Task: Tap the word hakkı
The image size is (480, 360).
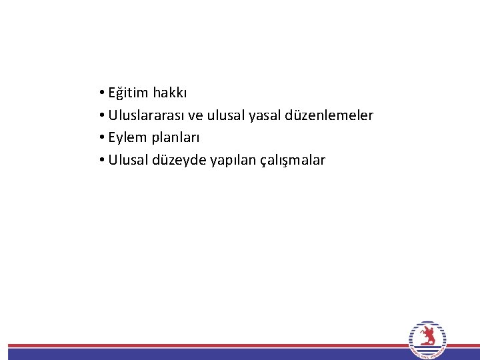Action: point(170,93)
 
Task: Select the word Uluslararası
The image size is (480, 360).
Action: point(146,115)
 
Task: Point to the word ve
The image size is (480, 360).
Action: point(195,116)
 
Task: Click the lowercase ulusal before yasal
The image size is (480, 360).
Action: point(226,115)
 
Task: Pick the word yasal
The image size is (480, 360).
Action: point(265,116)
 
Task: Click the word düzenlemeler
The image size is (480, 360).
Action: point(329,115)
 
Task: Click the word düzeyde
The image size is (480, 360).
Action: point(181,161)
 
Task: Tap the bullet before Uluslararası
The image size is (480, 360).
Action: point(98,116)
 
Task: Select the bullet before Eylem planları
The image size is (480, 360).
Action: point(98,138)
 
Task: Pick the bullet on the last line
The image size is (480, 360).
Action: point(98,161)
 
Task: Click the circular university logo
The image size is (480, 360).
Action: point(427,341)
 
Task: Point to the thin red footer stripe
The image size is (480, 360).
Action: point(200,346)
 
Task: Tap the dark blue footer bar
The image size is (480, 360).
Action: point(200,355)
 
